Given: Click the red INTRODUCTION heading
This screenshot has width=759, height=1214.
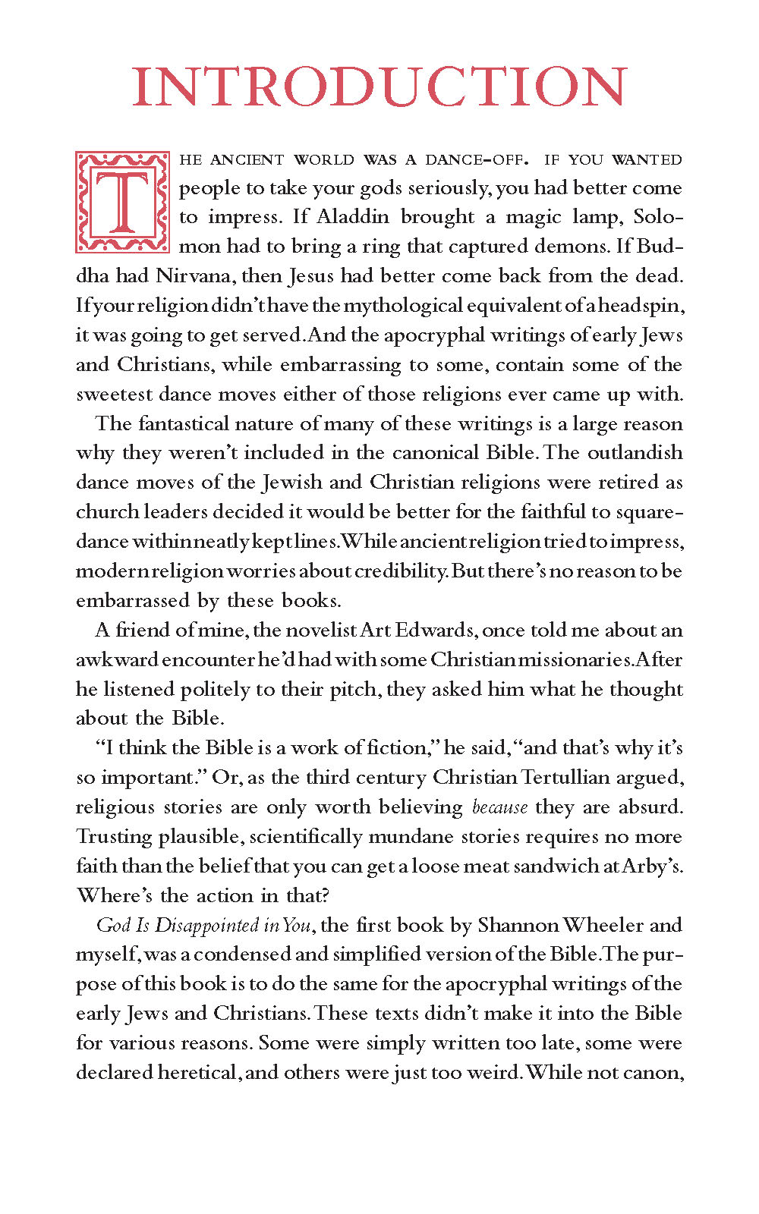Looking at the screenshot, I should pos(379,86).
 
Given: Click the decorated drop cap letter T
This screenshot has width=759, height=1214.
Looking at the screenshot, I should pos(122,202).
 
